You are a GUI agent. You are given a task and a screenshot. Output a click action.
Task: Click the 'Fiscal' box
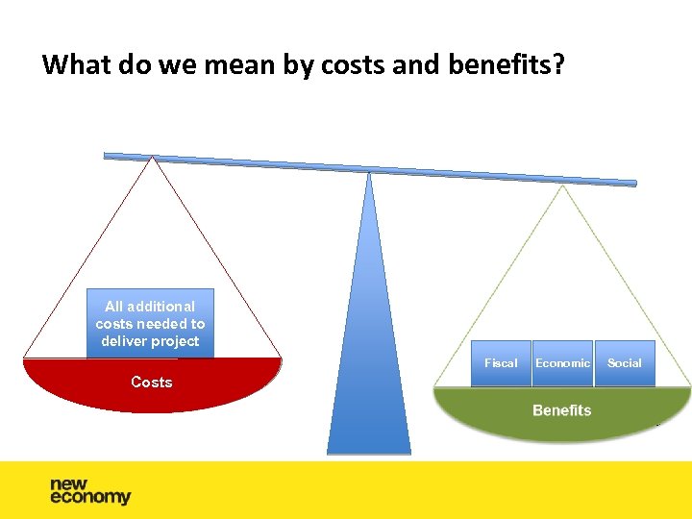point(501,363)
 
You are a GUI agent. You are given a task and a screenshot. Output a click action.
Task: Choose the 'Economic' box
point(562,363)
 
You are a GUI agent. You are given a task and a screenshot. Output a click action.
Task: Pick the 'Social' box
point(625,363)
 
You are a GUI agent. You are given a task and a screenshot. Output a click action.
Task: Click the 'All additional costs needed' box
point(150,323)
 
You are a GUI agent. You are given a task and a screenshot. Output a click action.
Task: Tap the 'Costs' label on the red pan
point(151,383)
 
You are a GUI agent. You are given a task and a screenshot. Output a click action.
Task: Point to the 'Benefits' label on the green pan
point(561,410)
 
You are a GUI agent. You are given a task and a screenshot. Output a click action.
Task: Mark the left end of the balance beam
point(108,155)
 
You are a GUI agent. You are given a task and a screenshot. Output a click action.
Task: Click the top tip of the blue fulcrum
point(369,174)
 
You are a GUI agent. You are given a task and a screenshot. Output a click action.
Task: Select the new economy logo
point(90,491)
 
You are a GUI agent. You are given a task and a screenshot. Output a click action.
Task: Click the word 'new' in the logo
point(69,483)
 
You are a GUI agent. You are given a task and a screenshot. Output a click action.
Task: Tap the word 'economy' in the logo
point(90,498)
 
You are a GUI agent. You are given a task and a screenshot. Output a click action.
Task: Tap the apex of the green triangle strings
point(563,186)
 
